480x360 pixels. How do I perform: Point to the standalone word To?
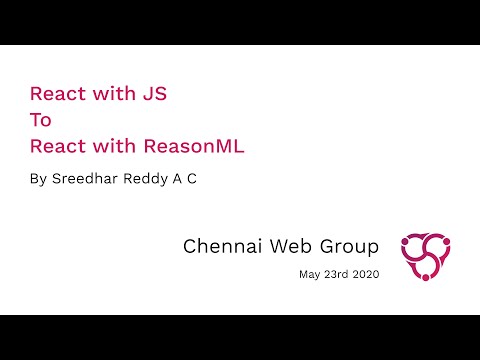pyautogui.click(x=41, y=121)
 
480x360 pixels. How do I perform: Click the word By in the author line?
pyautogui.click(x=39, y=182)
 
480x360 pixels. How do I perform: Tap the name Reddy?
pyautogui.click(x=151, y=182)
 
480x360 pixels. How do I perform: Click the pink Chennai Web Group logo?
pyautogui.click(x=426, y=256)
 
